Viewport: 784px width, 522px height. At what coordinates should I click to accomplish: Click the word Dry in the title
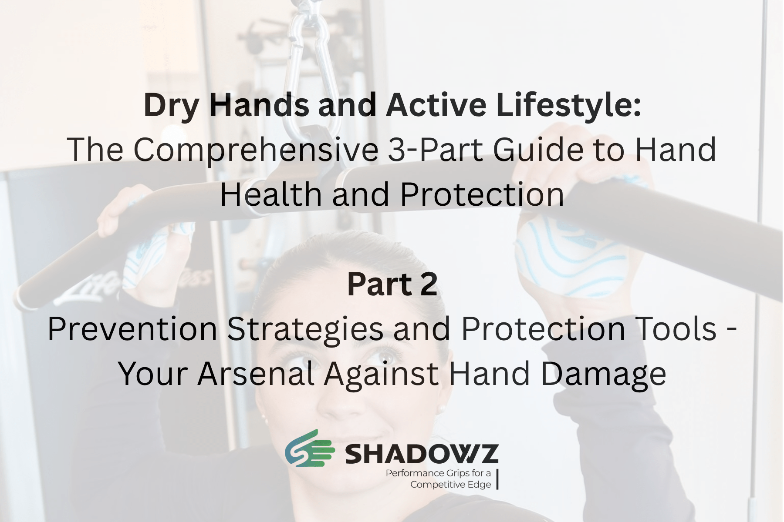tap(171, 106)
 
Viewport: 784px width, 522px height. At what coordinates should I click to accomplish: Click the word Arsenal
tap(256, 374)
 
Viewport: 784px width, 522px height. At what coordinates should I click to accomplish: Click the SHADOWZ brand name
tap(422, 454)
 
